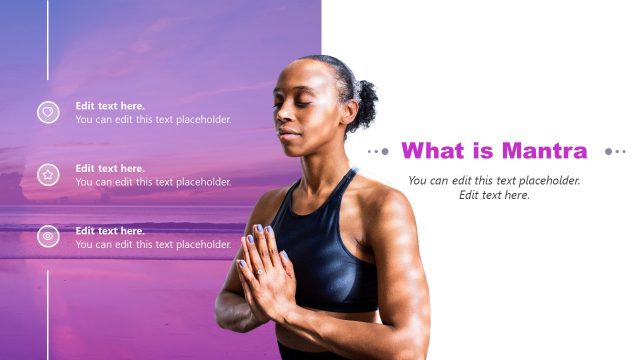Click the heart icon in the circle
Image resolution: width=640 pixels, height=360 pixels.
click(x=48, y=112)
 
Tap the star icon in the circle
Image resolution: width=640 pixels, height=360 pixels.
click(x=48, y=175)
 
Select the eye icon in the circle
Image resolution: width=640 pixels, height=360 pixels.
click(x=48, y=237)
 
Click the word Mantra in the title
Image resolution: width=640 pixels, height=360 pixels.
click(x=544, y=151)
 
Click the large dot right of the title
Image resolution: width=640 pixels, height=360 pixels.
click(x=609, y=152)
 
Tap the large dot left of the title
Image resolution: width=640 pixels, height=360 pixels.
click(x=385, y=152)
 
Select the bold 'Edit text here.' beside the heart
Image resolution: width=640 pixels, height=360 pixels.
click(x=110, y=106)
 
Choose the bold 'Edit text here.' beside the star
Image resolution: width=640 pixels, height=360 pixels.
click(x=110, y=168)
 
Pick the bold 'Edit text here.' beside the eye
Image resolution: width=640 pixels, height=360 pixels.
click(x=110, y=231)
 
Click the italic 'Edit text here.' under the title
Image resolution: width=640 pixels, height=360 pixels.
click(x=494, y=195)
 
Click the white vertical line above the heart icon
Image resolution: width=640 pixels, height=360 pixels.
click(x=48, y=40)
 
